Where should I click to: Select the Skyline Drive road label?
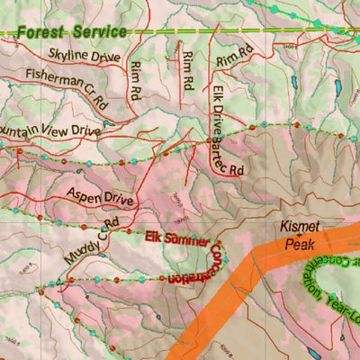(x=84, y=57)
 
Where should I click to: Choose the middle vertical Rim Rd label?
(x=187, y=71)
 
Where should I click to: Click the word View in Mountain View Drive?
(x=60, y=130)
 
